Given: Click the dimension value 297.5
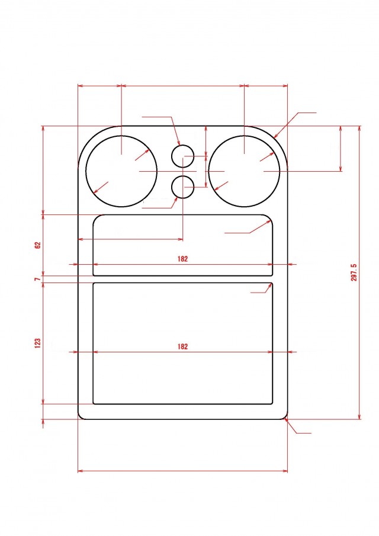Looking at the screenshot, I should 354,272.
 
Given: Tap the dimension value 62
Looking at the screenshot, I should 37,245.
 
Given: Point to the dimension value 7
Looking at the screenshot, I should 37,278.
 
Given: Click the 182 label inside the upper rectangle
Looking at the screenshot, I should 182,259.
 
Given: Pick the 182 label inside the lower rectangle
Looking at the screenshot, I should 182,347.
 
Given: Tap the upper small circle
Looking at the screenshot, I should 183,156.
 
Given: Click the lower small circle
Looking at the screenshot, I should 183,187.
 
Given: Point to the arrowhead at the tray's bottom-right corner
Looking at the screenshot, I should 287,420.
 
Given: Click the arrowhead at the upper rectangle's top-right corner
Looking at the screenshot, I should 270,220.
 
